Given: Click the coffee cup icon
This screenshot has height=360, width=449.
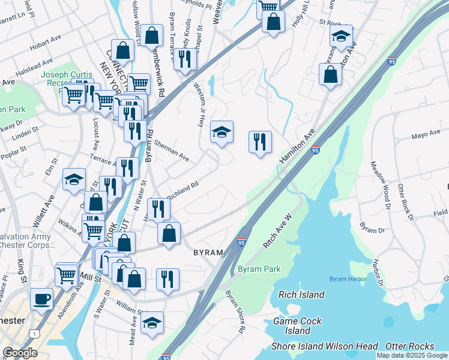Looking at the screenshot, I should (x=41, y=298).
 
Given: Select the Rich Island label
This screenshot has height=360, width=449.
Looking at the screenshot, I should (x=302, y=295).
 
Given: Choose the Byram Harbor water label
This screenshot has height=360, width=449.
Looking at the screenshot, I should (x=348, y=280).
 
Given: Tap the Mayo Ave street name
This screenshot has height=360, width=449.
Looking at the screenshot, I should (x=426, y=135).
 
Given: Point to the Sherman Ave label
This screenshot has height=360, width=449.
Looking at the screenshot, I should (x=171, y=151).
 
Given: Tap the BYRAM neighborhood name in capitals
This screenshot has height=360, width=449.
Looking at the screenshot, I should (x=208, y=253).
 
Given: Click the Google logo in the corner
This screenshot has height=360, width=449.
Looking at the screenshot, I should (x=20, y=353).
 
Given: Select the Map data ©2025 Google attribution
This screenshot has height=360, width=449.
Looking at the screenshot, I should (x=412, y=355).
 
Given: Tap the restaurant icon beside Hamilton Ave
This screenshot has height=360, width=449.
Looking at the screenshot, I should (x=260, y=142).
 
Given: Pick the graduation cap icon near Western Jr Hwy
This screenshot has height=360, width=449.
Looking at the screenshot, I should (x=221, y=132).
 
